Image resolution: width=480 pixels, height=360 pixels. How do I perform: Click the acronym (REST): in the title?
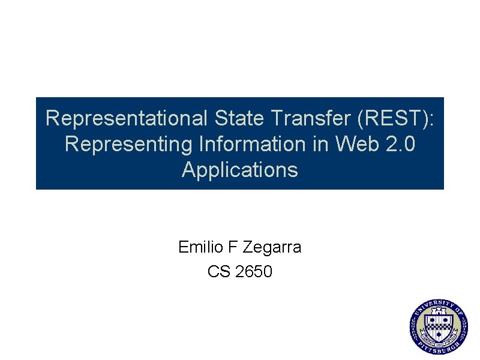395,119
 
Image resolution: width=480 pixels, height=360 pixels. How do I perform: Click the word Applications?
240,170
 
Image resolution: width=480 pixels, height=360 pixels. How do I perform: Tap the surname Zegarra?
274,247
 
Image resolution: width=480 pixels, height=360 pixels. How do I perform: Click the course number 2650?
254,272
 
